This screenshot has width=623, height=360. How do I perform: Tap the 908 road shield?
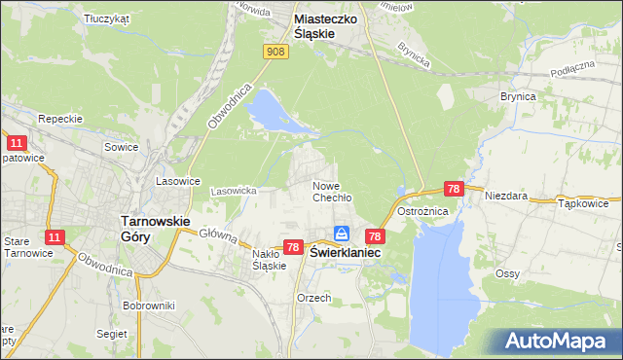(276, 52)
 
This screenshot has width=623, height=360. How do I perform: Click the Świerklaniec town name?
(346, 251)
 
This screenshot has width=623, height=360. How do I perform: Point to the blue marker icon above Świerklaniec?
(342, 234)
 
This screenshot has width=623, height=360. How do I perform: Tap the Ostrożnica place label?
(422, 211)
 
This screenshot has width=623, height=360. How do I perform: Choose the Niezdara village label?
(506, 196)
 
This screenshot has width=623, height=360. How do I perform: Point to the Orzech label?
(314, 298)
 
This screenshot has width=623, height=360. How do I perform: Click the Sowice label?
(122, 147)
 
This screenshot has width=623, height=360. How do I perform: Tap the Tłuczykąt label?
(107, 18)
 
